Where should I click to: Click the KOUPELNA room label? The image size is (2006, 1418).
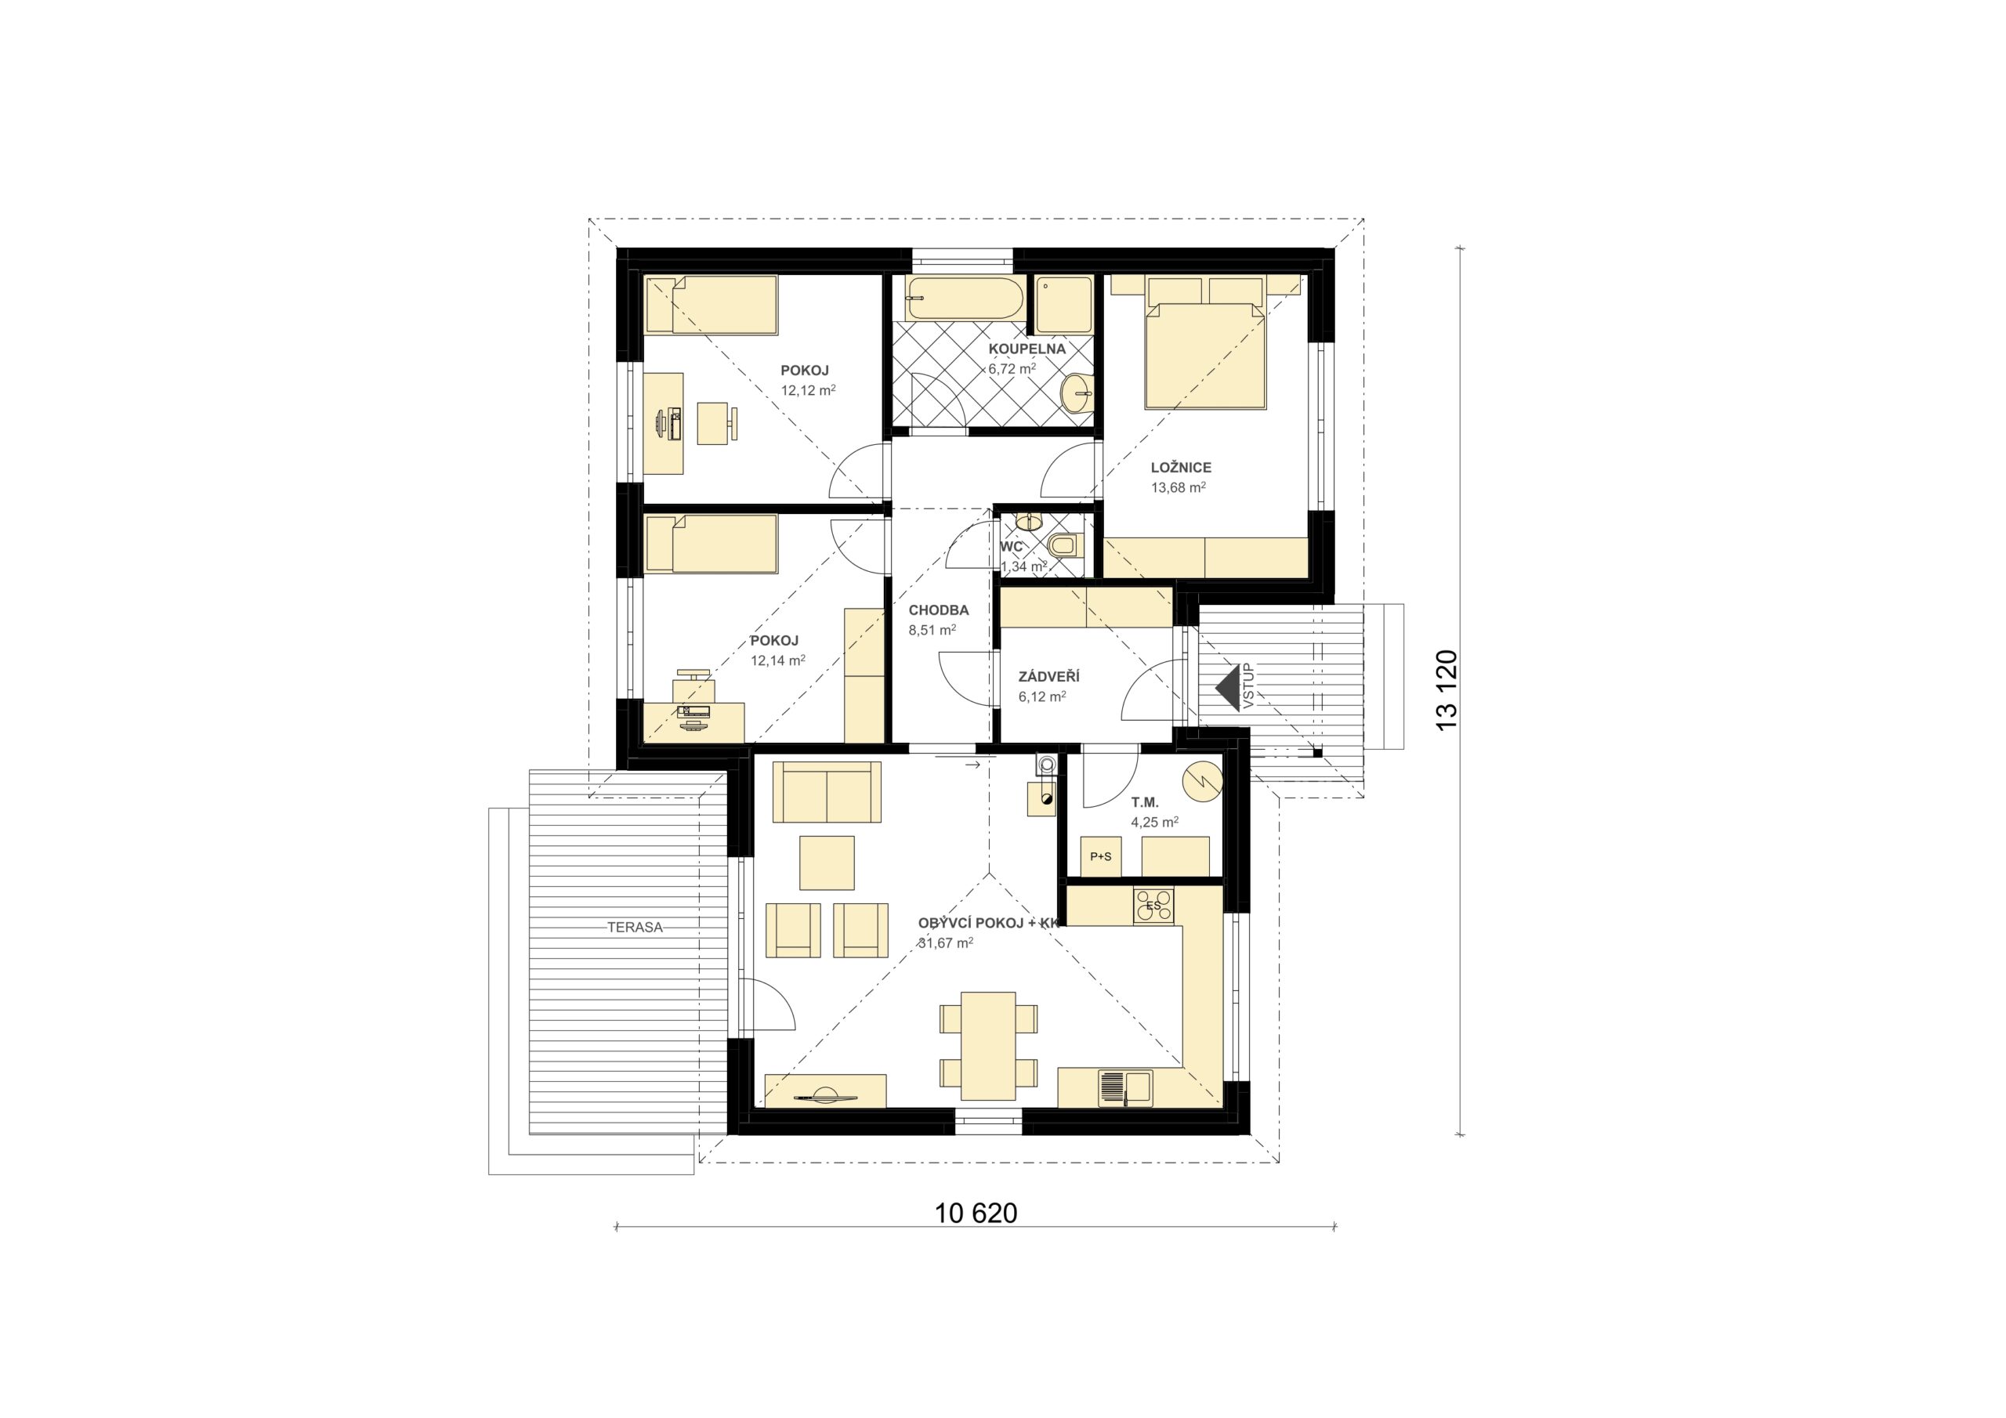tap(1027, 349)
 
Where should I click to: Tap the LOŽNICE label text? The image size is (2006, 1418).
tap(1180, 468)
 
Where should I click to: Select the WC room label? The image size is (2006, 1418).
tap(1011, 547)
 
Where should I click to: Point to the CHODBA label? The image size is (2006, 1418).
tap(938, 610)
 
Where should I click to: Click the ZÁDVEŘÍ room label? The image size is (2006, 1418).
tap(1048, 676)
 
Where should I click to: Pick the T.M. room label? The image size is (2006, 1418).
tap(1145, 802)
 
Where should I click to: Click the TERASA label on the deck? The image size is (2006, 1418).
tap(635, 927)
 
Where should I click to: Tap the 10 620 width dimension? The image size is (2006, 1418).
tap(976, 1213)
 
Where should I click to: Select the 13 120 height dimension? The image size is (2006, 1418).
tap(1447, 690)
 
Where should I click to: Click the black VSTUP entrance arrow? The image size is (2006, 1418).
tap(1228, 688)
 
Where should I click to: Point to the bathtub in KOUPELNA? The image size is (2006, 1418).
tap(965, 298)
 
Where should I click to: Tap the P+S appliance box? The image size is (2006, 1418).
tap(1101, 856)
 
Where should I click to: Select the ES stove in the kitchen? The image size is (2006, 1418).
tap(1153, 905)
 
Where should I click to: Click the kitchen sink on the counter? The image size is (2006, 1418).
tap(1124, 1087)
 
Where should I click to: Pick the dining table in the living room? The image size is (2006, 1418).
tap(988, 1046)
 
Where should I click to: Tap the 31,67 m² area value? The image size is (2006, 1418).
tap(945, 942)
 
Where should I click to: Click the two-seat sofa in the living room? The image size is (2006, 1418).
tap(827, 791)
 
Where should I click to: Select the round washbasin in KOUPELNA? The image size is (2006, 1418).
tap(1077, 393)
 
